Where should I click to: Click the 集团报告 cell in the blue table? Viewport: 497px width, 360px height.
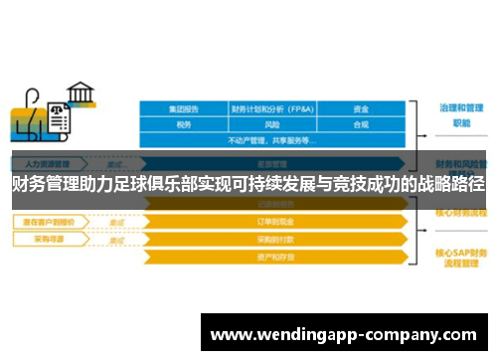coord(184,108)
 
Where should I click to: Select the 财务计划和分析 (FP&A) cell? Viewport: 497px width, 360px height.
coord(272,108)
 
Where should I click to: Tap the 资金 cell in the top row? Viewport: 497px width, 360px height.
coord(361,108)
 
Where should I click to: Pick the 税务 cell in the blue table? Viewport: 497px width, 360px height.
coord(184,125)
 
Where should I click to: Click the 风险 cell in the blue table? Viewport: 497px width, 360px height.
coord(272,125)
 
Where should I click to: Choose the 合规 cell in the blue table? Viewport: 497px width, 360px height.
coord(361,125)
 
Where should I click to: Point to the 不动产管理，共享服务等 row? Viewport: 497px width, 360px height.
coord(272,140)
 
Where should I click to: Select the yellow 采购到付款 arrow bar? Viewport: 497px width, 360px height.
coord(273,239)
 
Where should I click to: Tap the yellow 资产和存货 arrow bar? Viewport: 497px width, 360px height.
coord(273,257)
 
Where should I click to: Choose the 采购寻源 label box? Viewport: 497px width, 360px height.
coord(45,239)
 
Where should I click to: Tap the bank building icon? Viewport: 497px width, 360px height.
coord(82,96)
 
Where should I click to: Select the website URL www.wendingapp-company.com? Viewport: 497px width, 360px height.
coord(344,333)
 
